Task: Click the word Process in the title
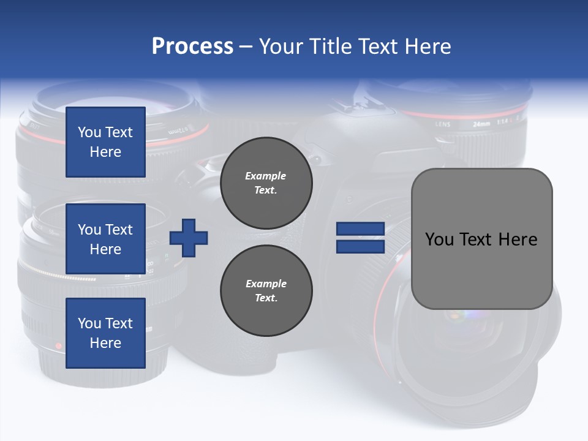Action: [192, 47]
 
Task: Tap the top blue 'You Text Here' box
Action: [105, 142]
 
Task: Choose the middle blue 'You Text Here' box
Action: [105, 239]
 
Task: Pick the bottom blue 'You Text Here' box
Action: [105, 333]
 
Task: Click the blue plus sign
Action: [189, 238]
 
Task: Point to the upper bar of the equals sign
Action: [360, 229]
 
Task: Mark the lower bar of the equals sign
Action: [360, 247]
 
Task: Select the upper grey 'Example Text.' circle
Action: [266, 183]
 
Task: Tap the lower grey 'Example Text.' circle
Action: [266, 290]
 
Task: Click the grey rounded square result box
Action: [481, 239]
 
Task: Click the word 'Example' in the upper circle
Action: [265, 176]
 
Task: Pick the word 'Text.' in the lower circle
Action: [266, 298]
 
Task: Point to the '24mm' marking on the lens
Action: [481, 124]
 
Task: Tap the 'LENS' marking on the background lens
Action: [443, 124]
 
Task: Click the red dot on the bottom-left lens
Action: [59, 346]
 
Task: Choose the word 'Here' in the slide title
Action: [428, 47]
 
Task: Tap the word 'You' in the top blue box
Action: [89, 132]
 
